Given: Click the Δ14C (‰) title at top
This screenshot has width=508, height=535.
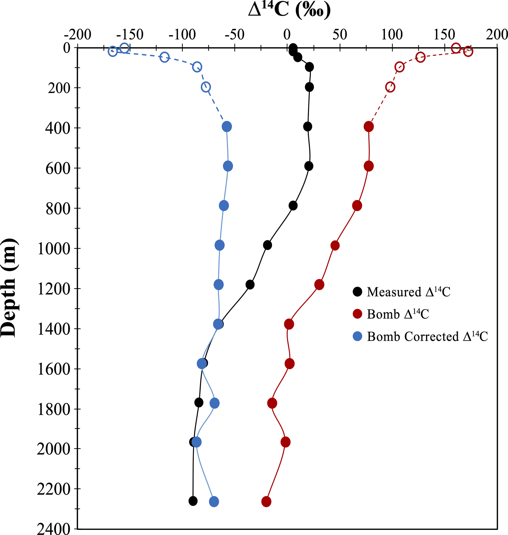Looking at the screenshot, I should click(x=289, y=11).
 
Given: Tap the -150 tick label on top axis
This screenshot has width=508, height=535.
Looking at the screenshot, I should click(x=130, y=35).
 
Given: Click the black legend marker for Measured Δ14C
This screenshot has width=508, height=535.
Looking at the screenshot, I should click(x=357, y=292).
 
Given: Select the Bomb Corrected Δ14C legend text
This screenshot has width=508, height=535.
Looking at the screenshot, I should click(x=427, y=337).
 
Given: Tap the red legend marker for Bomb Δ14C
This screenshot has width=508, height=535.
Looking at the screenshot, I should click(x=357, y=314).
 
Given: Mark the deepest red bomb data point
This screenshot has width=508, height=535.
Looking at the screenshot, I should click(x=266, y=502).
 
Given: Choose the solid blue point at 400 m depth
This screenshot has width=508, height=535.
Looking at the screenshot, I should click(x=227, y=126).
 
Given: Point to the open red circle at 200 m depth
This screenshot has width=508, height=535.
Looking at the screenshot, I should click(x=390, y=87).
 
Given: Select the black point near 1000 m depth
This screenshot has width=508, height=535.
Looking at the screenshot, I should click(x=267, y=245).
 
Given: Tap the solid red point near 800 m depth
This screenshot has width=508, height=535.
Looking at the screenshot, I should click(x=357, y=206).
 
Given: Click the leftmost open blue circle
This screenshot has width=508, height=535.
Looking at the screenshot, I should click(x=113, y=51).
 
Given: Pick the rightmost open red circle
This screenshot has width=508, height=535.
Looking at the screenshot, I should click(x=468, y=51).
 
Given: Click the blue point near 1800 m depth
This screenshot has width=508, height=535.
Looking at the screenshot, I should click(x=214, y=403).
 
